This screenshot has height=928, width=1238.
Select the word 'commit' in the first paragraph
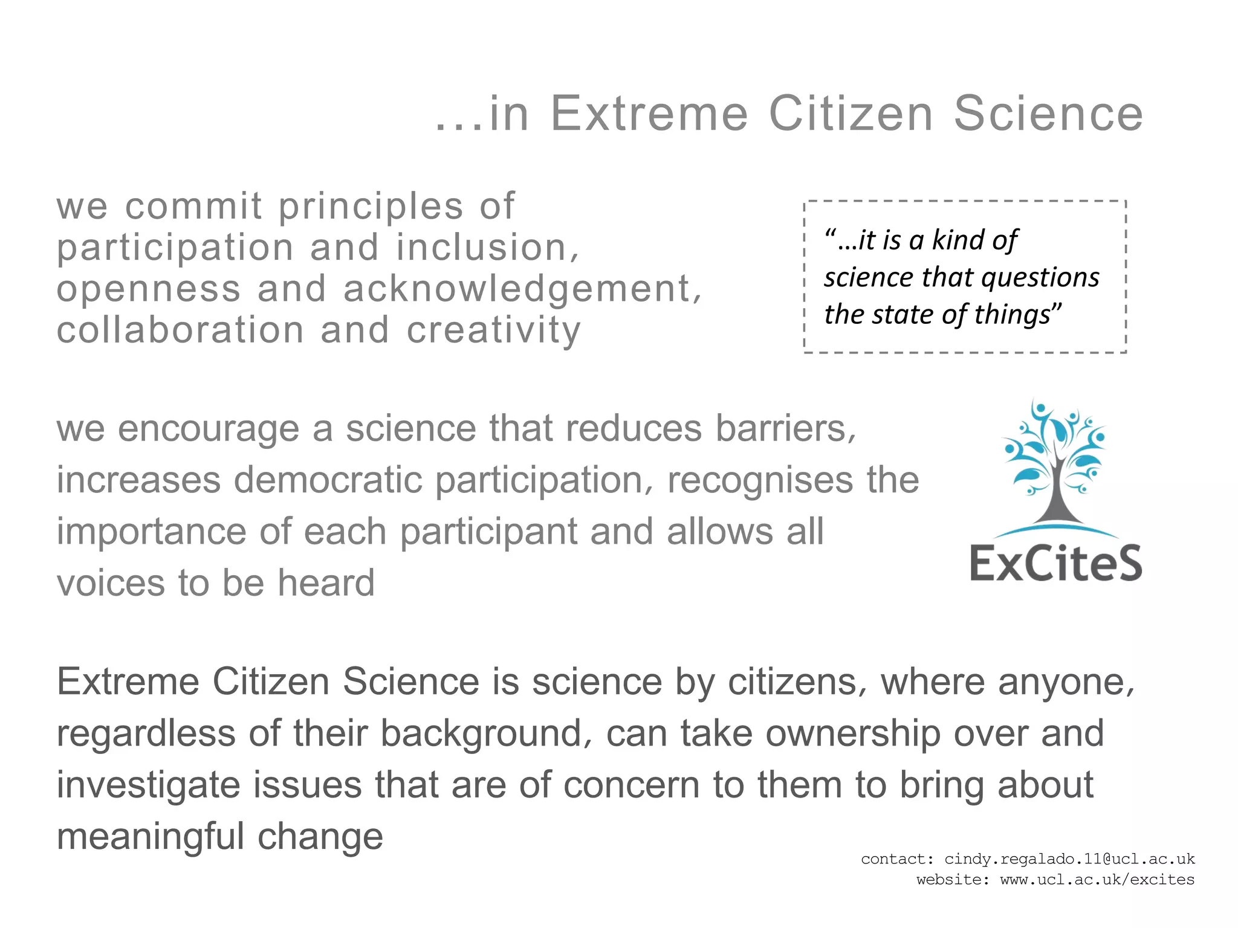[x=193, y=206]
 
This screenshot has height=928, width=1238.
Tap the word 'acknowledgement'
[x=517, y=289]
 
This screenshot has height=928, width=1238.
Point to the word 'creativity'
[x=493, y=331]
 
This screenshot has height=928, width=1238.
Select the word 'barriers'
[x=786, y=428]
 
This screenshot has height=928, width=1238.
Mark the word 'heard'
[x=326, y=583]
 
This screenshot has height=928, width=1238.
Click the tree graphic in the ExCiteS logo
[x=1054, y=465]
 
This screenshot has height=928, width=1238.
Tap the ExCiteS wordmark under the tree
[x=1055, y=563]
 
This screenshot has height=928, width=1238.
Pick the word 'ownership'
[x=852, y=733]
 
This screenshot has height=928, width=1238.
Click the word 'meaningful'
[x=151, y=837]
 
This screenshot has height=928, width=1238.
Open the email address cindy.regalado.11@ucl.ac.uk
[x=1069, y=859]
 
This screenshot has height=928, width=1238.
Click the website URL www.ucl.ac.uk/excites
[x=1097, y=880]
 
